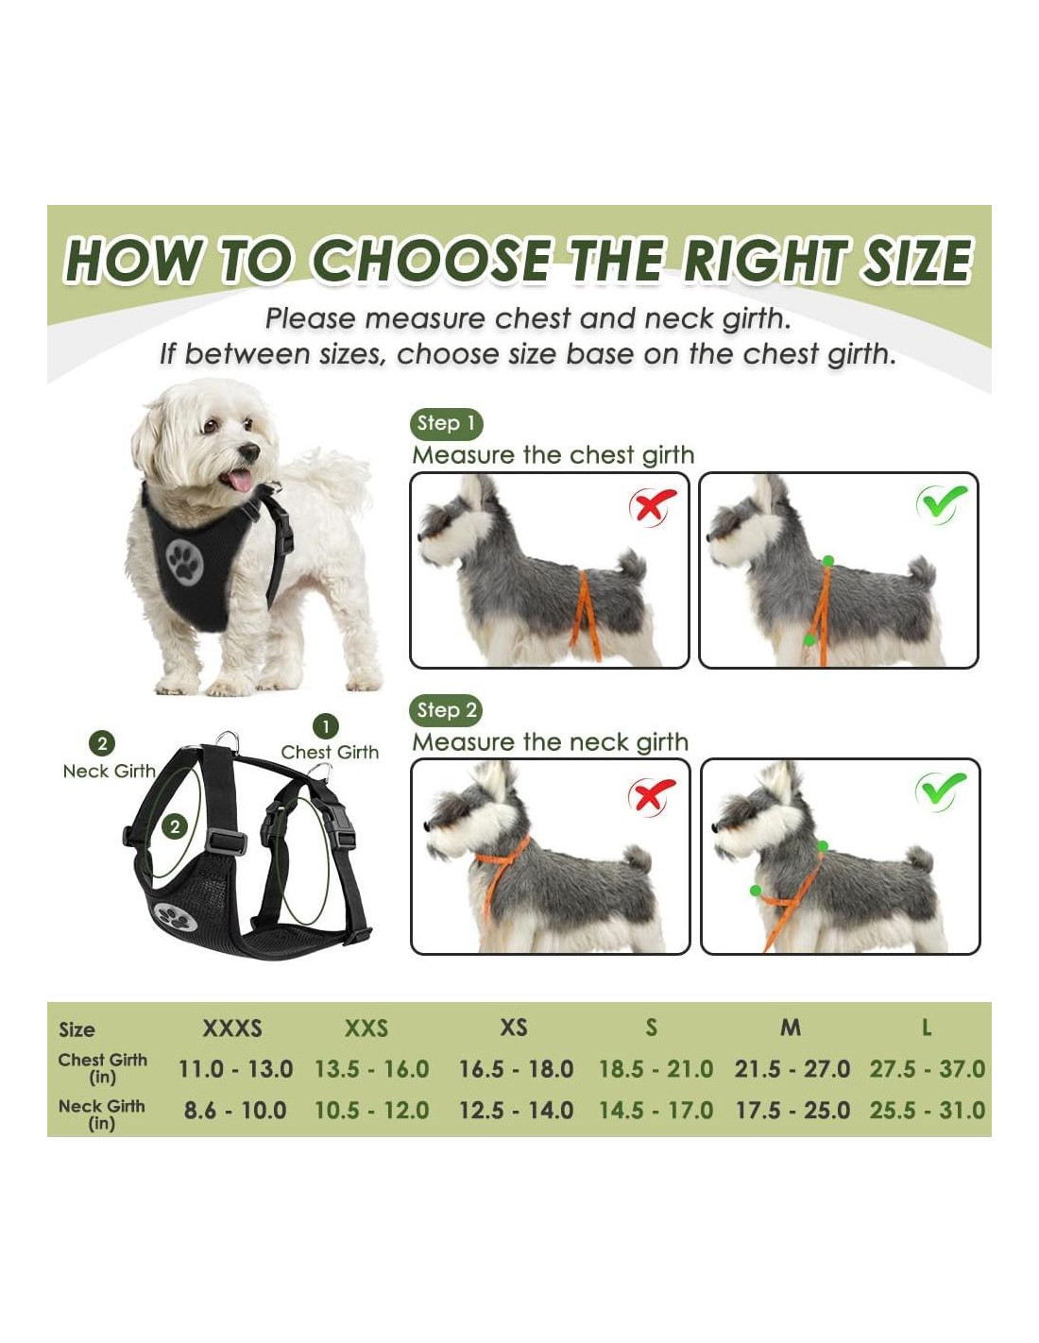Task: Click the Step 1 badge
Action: click(x=446, y=424)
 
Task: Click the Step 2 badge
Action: click(x=446, y=710)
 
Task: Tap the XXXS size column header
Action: click(x=232, y=1028)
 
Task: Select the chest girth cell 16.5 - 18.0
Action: click(x=516, y=1068)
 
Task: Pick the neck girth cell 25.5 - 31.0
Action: click(x=927, y=1111)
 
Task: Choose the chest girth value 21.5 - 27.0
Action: click(x=792, y=1068)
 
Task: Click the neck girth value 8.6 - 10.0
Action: click(x=235, y=1111)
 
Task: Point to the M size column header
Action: click(x=791, y=1028)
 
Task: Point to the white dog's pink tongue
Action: click(x=239, y=480)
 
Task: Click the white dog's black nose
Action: click(x=249, y=452)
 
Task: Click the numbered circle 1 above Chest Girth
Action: click(x=326, y=727)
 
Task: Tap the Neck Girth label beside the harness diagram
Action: click(x=110, y=771)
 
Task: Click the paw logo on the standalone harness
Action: click(x=176, y=917)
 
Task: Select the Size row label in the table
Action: click(x=77, y=1029)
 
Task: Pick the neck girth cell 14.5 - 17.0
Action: click(x=656, y=1111)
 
